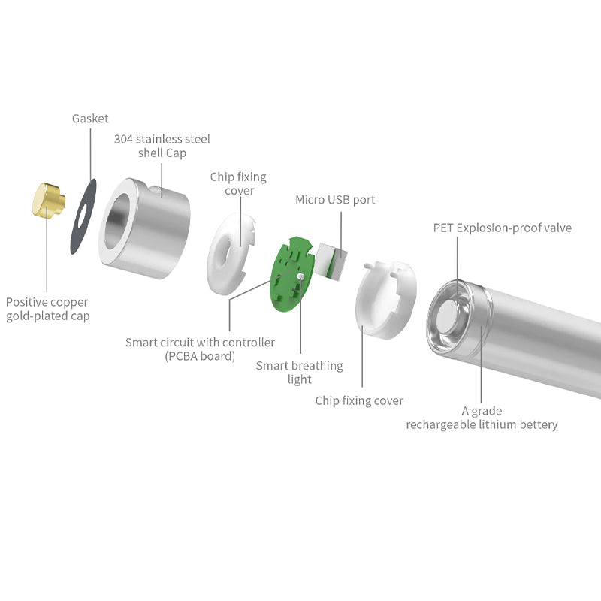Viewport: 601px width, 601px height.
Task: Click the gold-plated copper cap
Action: click(x=49, y=200)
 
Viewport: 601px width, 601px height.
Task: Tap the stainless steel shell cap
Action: click(x=144, y=228)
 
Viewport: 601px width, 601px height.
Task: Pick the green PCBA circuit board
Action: click(x=291, y=274)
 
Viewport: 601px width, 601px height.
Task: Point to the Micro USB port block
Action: click(x=331, y=261)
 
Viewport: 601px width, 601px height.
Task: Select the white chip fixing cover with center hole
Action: click(x=230, y=254)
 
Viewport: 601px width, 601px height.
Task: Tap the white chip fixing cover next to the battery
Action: click(x=386, y=300)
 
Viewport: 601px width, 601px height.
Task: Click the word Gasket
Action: click(x=90, y=119)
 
